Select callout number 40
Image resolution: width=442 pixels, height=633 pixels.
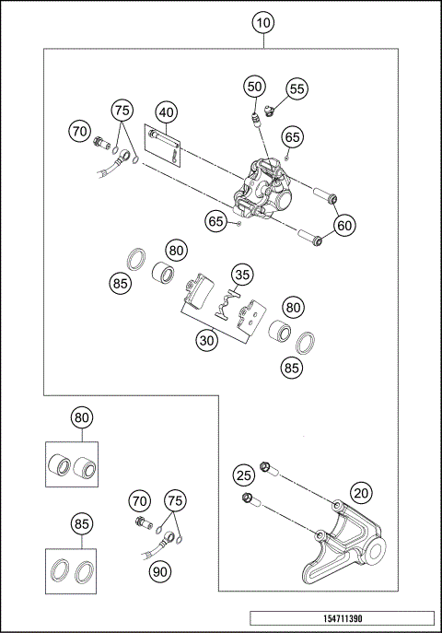[166, 112]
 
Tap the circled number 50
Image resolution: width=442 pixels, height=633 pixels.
[255, 87]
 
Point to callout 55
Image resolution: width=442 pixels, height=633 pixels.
[295, 88]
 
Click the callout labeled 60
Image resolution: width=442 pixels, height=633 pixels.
[344, 224]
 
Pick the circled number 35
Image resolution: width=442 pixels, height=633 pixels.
[242, 275]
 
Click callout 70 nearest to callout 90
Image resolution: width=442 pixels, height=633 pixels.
[138, 501]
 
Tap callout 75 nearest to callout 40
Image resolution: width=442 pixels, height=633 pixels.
[122, 110]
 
